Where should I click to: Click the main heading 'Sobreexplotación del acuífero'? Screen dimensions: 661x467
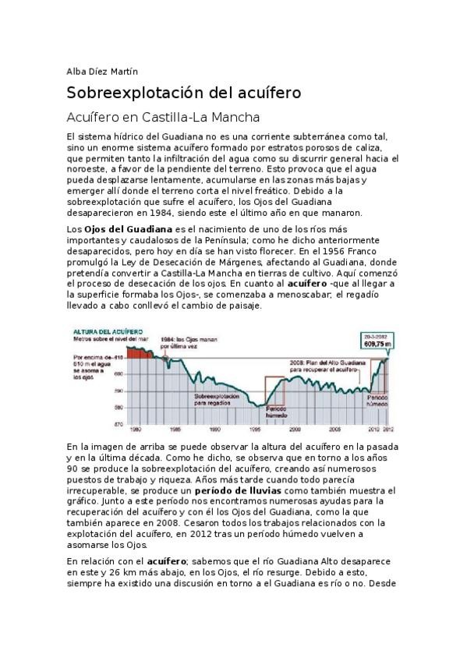pyautogui.click(x=183, y=94)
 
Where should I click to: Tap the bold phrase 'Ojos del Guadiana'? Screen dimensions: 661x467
pyautogui.click(x=128, y=230)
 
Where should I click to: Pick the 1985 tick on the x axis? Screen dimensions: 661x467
pyautogui.click(x=175, y=429)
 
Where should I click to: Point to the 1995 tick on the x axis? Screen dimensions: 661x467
pyautogui.click(x=255, y=429)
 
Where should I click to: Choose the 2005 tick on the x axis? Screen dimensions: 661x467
pyautogui.click(x=334, y=429)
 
